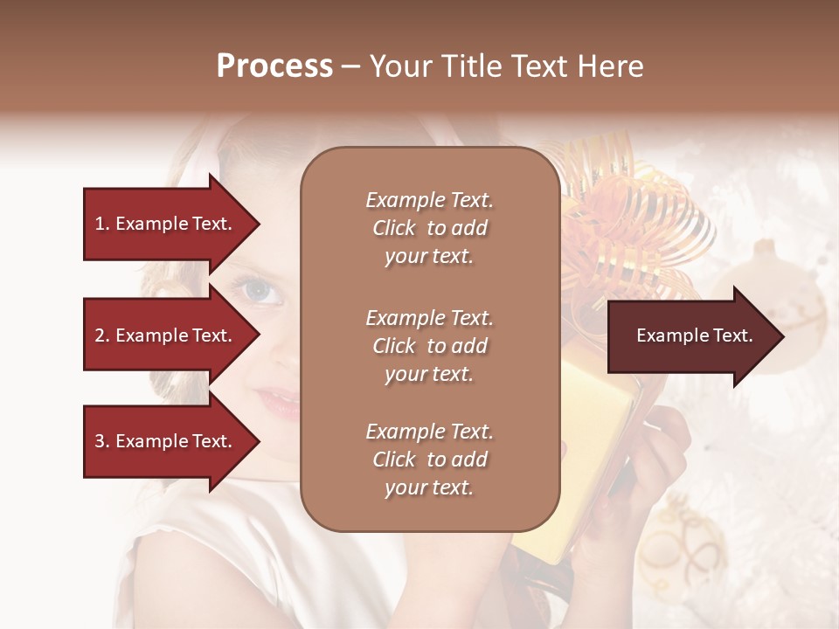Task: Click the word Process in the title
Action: tap(274, 66)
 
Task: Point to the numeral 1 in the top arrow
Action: tap(100, 224)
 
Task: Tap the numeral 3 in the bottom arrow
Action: tap(100, 441)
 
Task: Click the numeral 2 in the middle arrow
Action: tap(100, 335)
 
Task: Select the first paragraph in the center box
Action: tap(429, 228)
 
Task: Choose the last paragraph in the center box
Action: tap(429, 460)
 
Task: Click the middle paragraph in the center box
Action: tap(429, 346)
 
